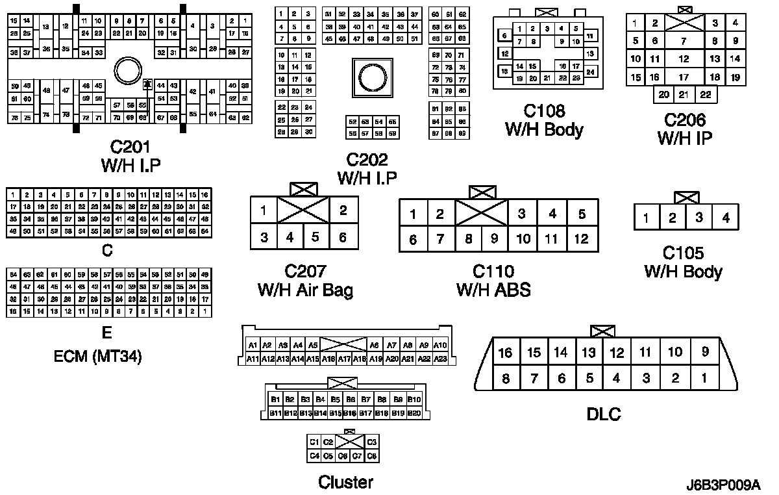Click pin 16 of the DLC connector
click(x=505, y=353)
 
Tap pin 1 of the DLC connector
click(x=704, y=377)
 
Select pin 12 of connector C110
click(x=581, y=239)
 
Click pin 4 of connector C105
click(x=726, y=218)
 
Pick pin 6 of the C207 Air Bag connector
click(x=343, y=237)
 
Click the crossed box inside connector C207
click(x=303, y=210)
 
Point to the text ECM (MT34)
click(x=98, y=356)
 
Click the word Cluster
click(x=345, y=482)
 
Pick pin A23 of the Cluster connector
click(x=440, y=359)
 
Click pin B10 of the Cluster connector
click(x=414, y=400)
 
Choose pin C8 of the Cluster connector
click(x=372, y=456)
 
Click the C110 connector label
click(x=493, y=271)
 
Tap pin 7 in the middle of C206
click(x=684, y=41)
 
